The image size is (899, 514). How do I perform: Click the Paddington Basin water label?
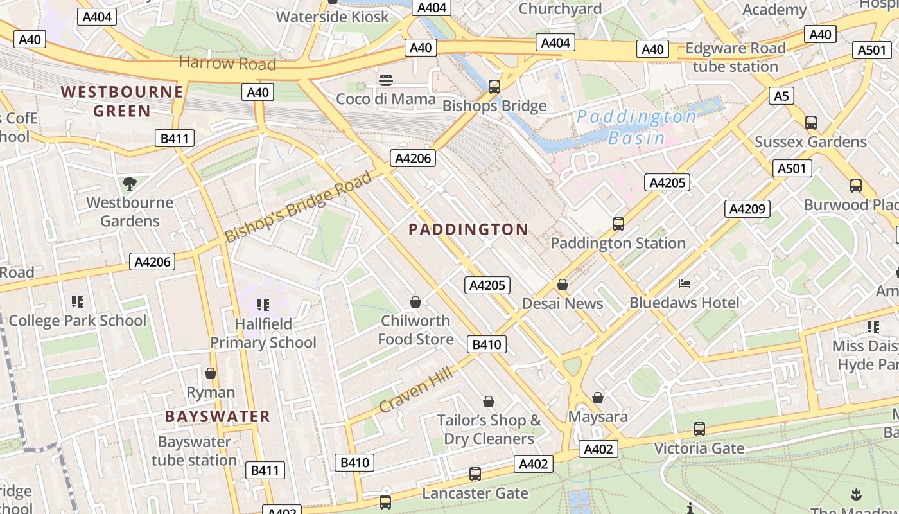(636, 127)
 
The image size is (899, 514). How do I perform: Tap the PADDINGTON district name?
(468, 229)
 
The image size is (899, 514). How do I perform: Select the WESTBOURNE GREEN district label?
(122, 101)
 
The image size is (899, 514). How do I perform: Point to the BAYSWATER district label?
(218, 416)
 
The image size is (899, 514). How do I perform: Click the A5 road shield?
(781, 96)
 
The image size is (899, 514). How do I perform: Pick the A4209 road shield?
(747, 209)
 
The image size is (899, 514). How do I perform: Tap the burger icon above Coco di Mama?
(386, 80)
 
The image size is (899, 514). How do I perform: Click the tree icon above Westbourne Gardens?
(130, 184)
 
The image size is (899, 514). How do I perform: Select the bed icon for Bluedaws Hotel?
(685, 283)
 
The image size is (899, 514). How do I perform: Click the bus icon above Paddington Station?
(618, 224)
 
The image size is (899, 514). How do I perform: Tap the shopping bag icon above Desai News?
(563, 285)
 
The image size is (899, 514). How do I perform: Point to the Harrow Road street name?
(227, 63)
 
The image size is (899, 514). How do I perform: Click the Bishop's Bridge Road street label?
(298, 207)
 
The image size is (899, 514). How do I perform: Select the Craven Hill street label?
(416, 389)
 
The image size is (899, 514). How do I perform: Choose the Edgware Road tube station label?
(735, 57)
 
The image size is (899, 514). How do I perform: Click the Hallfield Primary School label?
(263, 333)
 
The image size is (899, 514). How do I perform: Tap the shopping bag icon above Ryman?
(211, 373)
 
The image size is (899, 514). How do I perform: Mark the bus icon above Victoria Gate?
(699, 429)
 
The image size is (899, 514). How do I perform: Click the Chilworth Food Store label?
(415, 330)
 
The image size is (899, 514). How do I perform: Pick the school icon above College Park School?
(78, 302)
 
